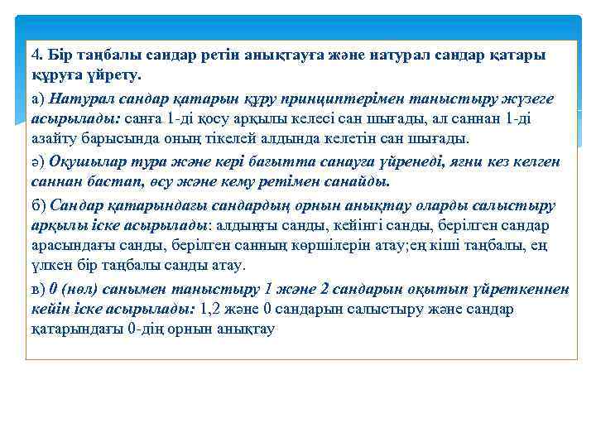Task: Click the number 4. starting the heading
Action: pyautogui.click(x=37, y=55)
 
